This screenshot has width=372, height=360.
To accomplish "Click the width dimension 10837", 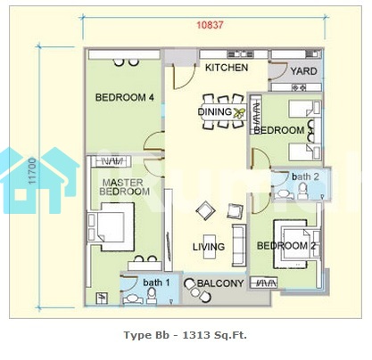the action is click(210, 25).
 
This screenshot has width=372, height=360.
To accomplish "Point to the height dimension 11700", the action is click(32, 171).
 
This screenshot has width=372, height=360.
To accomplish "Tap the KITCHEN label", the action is click(227, 68).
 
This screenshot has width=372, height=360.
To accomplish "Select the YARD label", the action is click(303, 71).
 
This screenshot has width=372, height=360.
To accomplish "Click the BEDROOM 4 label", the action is click(125, 97).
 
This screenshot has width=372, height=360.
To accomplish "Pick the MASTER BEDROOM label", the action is click(125, 187).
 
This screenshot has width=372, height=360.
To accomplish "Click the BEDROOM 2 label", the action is click(286, 246).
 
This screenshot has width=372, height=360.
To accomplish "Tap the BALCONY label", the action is click(220, 283).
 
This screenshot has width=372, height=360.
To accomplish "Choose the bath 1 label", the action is click(156, 282).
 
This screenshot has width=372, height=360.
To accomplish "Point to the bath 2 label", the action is click(305, 176).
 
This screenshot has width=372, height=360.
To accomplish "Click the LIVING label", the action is click(209, 247).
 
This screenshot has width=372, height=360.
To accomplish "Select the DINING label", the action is click(215, 112).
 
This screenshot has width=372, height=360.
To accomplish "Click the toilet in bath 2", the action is click(303, 191).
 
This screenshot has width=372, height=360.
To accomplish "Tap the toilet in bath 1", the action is click(152, 296).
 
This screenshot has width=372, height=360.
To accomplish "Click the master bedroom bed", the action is click(111, 226).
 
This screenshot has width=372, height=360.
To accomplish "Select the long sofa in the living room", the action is click(239, 245).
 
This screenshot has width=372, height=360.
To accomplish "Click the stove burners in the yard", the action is click(299, 87).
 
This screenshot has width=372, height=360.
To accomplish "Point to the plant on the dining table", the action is click(239, 112).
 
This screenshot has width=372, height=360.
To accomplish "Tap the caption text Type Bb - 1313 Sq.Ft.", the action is click(186, 335).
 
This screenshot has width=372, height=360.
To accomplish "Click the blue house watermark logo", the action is click(38, 180).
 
